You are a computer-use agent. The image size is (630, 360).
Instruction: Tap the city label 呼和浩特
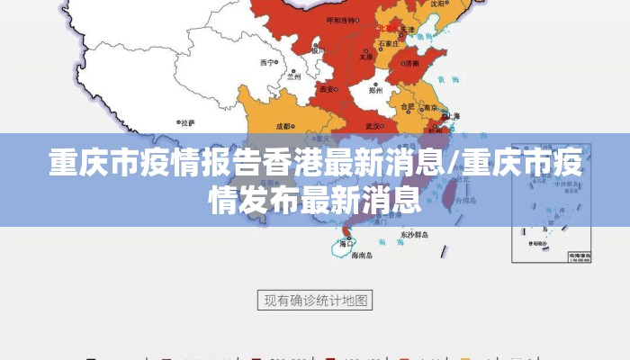click(x=341, y=20)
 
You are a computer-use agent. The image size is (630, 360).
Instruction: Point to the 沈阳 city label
click(x=437, y=4)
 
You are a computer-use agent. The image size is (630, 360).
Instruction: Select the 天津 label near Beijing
click(x=408, y=30)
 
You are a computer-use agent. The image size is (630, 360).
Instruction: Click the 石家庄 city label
click(x=388, y=42)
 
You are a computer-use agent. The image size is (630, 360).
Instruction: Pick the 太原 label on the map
click(x=366, y=56)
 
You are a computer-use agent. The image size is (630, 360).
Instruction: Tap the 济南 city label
click(x=411, y=64)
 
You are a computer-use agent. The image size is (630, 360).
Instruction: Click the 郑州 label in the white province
click(x=376, y=90)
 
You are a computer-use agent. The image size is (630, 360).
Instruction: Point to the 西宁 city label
click(x=267, y=63)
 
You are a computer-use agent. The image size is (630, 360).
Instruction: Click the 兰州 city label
click(x=293, y=77)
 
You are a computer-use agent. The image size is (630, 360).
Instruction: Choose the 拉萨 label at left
click(x=187, y=122)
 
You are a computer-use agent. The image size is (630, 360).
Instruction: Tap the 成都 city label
click(x=283, y=127)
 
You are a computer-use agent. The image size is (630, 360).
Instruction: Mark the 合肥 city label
click(x=407, y=106)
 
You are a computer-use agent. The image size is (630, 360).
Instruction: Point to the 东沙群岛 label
click(x=412, y=236)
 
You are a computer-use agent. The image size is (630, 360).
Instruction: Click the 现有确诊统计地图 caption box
click(x=315, y=301)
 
